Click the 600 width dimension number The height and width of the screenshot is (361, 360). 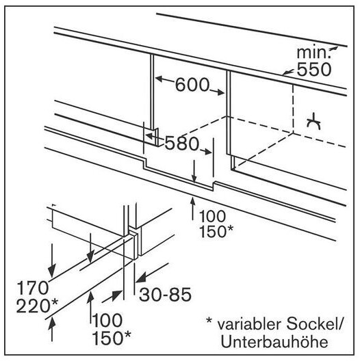(x=192, y=85)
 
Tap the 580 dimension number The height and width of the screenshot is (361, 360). (x=181, y=143)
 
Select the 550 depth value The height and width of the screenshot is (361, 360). (x=314, y=69)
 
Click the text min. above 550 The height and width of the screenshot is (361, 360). (x=313, y=53)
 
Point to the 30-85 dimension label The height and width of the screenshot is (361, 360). (x=165, y=295)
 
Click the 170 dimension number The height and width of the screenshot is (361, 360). (x=32, y=288)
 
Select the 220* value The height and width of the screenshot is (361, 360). (x=37, y=306)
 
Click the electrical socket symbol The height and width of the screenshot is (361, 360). (x=314, y=121)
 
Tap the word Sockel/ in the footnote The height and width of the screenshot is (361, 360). (x=314, y=324)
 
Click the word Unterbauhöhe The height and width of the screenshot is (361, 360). (x=274, y=342)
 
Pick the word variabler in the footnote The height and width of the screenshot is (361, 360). (x=249, y=324)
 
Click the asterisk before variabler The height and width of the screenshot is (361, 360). (x=209, y=321)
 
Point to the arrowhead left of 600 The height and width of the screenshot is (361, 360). (x=159, y=79)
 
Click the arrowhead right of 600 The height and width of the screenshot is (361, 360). (x=220, y=92)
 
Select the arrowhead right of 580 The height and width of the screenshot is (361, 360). (x=207, y=152)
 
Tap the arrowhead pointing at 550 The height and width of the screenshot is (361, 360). (x=286, y=73)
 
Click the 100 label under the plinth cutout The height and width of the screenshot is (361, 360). (x=212, y=217)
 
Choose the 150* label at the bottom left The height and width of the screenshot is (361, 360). (x=112, y=338)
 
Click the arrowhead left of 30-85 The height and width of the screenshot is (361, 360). (x=140, y=278)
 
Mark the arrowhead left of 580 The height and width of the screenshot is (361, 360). (x=150, y=136)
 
